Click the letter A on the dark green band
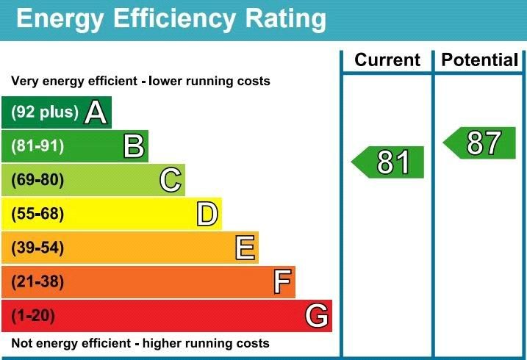(x=96, y=112)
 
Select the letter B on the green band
(x=133, y=146)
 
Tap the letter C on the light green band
(x=171, y=180)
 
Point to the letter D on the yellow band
(x=207, y=215)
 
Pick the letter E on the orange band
(x=245, y=248)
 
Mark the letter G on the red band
(x=317, y=316)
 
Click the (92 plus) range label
(x=44, y=112)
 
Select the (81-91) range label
(x=37, y=146)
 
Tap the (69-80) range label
(x=37, y=180)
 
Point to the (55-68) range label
(x=37, y=215)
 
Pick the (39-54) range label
(x=37, y=248)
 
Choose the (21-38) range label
(x=37, y=282)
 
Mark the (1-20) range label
(x=33, y=316)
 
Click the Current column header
(x=387, y=60)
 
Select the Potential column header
(x=480, y=60)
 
